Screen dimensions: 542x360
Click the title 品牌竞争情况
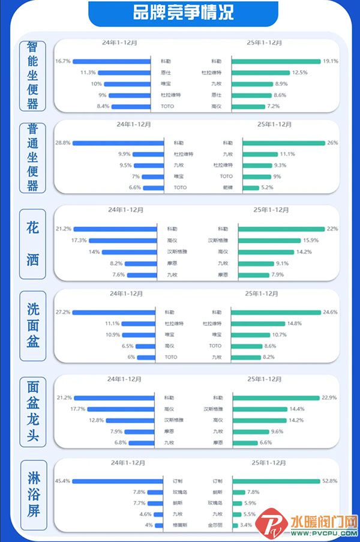coord(183,12)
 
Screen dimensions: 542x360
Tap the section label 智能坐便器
coord(32,76)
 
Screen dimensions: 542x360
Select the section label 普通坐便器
coord(32,157)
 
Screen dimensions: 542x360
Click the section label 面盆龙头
coord(32,411)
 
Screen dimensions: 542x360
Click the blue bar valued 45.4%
coord(118,481)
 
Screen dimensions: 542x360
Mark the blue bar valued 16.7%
coord(112,61)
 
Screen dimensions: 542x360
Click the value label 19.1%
coord(331,61)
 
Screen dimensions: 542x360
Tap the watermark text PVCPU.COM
coord(324,533)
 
